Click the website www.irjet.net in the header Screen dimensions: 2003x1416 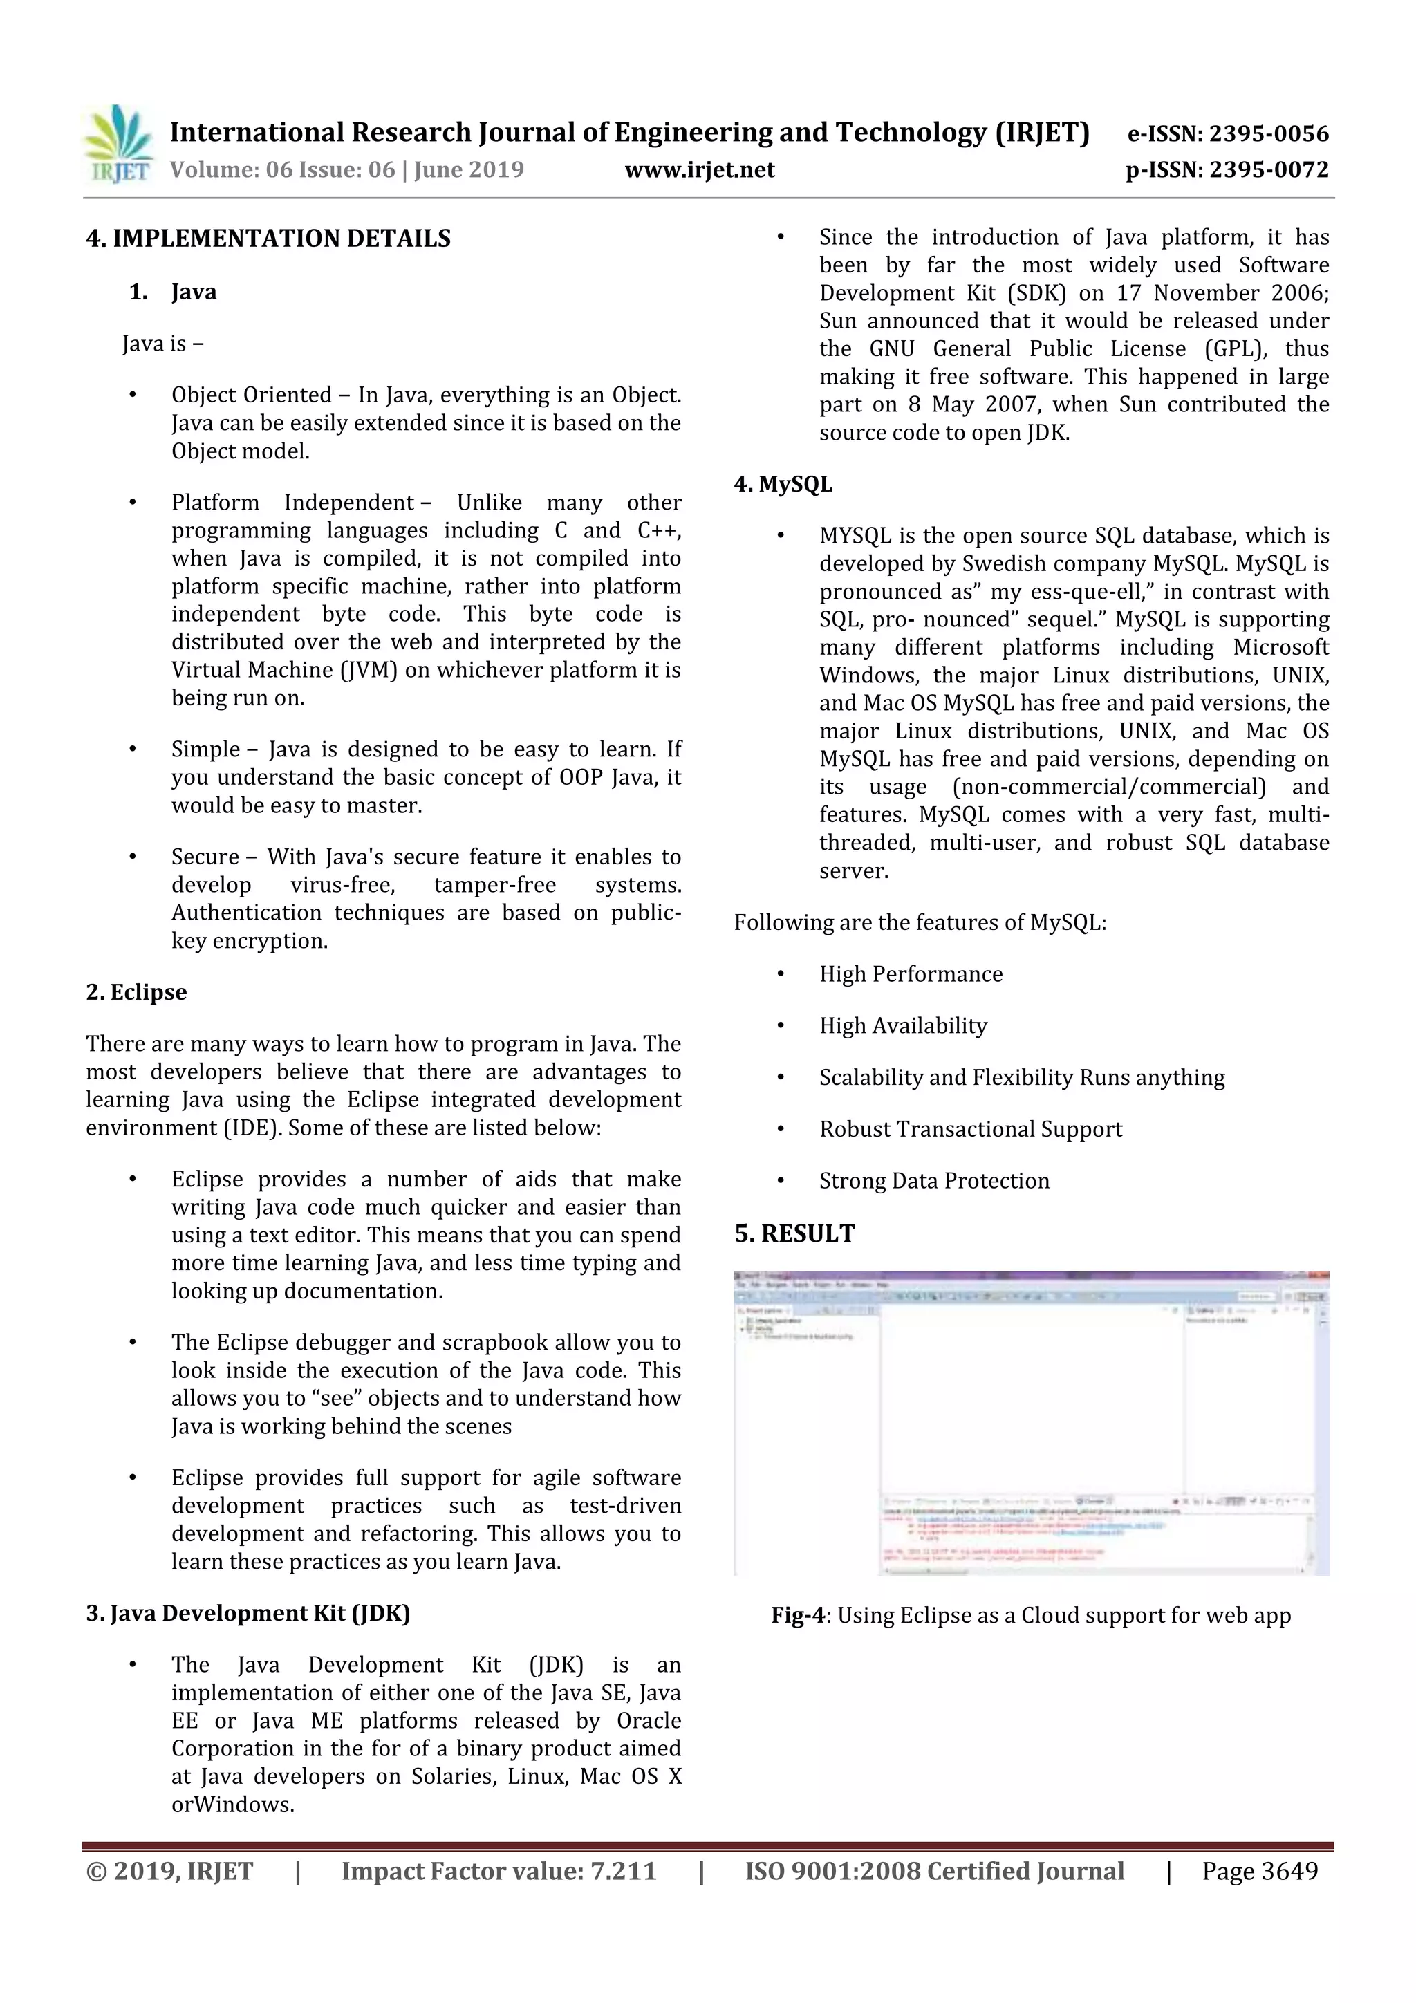[700, 170]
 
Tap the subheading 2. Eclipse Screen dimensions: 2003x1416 [136, 993]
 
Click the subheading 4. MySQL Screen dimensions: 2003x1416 [783, 485]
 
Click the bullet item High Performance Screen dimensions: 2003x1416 [910, 974]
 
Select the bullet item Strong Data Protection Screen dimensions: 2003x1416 [933, 1181]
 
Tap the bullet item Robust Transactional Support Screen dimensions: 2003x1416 [970, 1130]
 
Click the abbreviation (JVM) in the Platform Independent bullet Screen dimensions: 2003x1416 [373, 671]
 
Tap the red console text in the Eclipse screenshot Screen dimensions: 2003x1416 [995, 1554]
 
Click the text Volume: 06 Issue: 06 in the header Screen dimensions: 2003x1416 [283, 170]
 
